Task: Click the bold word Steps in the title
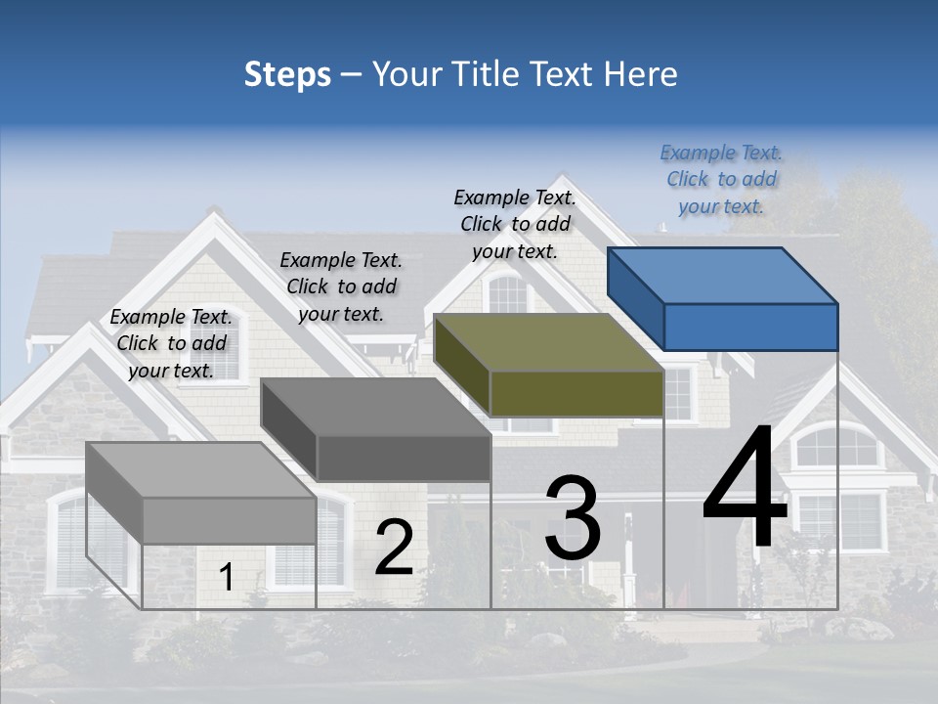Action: coord(287,74)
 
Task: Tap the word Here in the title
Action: coord(641,74)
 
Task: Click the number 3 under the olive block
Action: coord(573,518)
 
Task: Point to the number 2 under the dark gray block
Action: coord(394,548)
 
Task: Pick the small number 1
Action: coord(227,578)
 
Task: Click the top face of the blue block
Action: coord(721,274)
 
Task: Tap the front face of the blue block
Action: coord(750,327)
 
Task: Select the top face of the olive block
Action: coord(548,341)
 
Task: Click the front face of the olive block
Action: coord(576,393)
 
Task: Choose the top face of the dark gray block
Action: coord(375,406)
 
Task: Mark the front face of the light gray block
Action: coord(229,520)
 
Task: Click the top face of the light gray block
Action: coord(200,469)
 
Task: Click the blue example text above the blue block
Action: coord(721,180)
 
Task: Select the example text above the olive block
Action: coord(515,224)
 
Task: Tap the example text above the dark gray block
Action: coord(341,286)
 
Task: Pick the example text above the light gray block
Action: coord(171,343)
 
